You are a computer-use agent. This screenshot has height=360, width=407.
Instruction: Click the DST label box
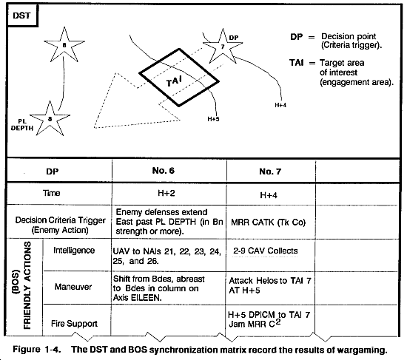[22, 16]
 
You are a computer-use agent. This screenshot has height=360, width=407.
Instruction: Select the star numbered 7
[223, 47]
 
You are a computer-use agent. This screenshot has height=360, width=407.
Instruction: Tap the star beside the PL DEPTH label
[50, 119]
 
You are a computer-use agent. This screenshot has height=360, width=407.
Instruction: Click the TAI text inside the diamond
[174, 81]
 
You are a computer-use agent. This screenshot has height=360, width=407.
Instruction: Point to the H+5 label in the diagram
[213, 119]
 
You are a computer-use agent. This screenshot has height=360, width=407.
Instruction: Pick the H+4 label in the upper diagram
[280, 105]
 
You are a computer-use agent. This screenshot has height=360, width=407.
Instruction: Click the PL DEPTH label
[22, 125]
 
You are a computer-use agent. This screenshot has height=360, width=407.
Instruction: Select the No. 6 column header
[164, 171]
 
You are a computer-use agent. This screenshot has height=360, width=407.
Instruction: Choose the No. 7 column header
[270, 171]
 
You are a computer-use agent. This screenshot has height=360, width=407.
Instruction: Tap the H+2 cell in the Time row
[166, 193]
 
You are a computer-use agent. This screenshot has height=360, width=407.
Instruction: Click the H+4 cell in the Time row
[269, 195]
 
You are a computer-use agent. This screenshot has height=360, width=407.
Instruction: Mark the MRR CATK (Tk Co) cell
[268, 223]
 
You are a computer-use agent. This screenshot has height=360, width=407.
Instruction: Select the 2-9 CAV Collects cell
[265, 251]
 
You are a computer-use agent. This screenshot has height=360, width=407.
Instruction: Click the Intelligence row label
[74, 251]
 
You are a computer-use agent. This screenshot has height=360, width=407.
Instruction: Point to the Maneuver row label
[73, 287]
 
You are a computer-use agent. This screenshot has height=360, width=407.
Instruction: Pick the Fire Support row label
[74, 324]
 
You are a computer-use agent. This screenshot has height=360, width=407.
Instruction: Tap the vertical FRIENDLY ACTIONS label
[27, 285]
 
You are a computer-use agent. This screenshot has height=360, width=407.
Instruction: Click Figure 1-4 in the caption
[36, 350]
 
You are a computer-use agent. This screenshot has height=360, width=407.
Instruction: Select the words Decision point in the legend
[349, 36]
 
